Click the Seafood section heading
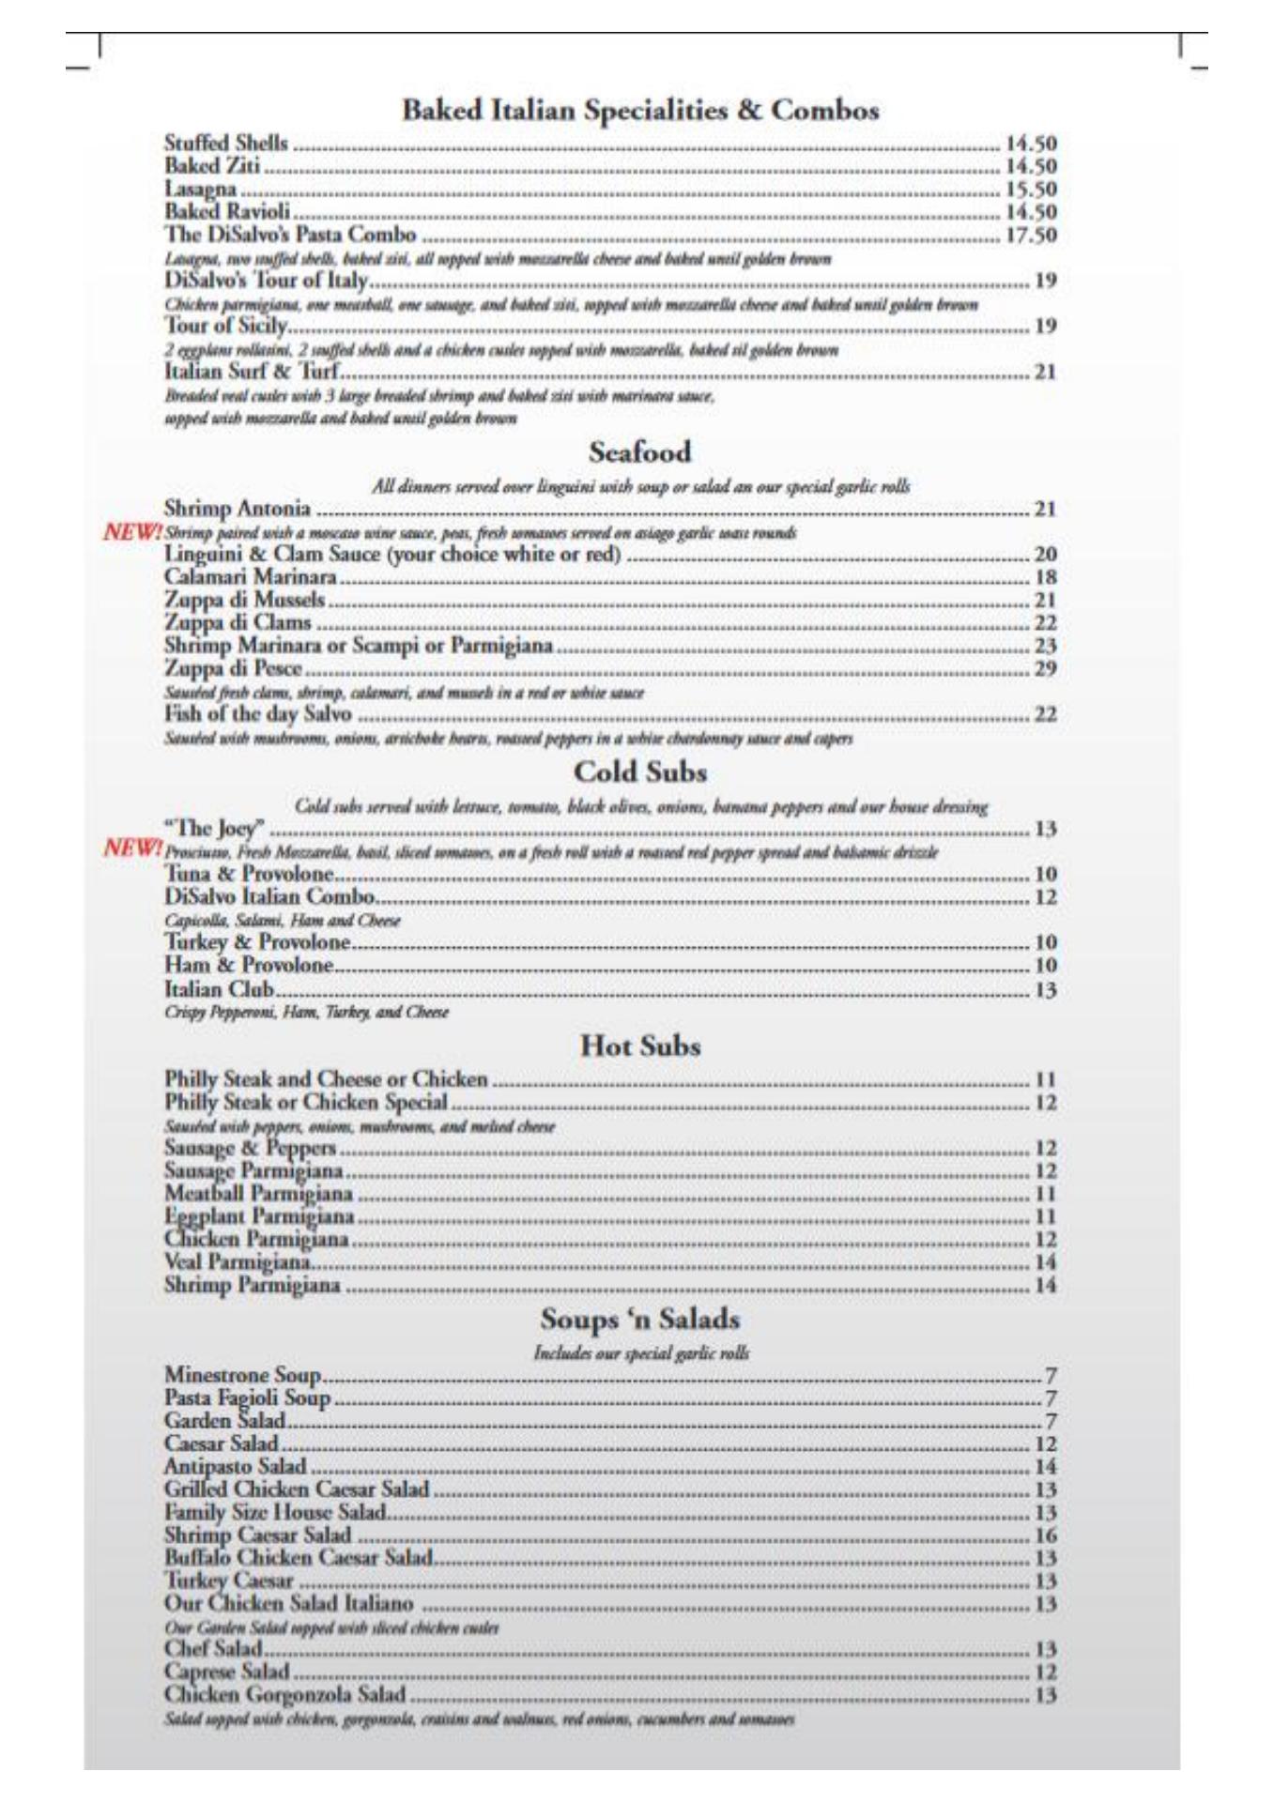(x=639, y=452)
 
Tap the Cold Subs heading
(x=639, y=772)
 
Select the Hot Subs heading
(x=640, y=1046)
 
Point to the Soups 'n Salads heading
(x=639, y=1320)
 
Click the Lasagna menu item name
(x=200, y=190)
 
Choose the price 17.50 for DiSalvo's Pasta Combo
(x=1031, y=235)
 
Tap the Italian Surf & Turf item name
(x=251, y=373)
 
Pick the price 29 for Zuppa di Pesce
(x=1045, y=669)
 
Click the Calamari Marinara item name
(x=250, y=577)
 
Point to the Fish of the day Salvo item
(x=257, y=715)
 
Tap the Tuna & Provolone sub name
(x=249, y=875)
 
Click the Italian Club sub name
(x=219, y=989)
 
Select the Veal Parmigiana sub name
(x=238, y=1262)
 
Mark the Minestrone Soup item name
(x=242, y=1377)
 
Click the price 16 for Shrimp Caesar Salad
(x=1045, y=1535)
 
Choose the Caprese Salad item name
(x=226, y=1672)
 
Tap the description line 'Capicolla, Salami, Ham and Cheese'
(x=283, y=921)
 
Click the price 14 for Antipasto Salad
(x=1045, y=1467)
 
